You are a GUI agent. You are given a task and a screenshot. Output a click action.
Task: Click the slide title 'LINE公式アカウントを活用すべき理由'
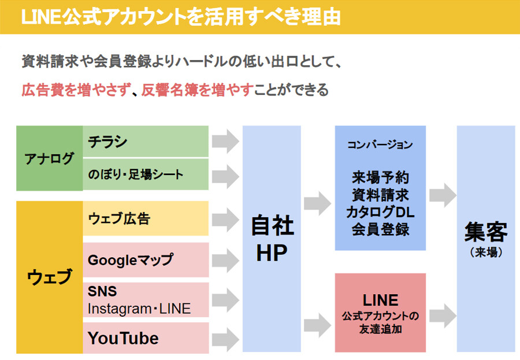click(x=180, y=17)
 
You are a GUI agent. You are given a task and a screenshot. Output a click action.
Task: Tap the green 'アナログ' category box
click(x=50, y=158)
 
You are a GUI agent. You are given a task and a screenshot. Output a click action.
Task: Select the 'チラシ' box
click(x=146, y=141)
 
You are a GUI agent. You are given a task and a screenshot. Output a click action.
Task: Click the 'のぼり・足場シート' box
click(x=146, y=175)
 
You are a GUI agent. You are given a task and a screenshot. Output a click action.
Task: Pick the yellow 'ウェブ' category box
click(x=50, y=277)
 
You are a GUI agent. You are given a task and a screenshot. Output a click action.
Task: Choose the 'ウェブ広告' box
click(x=146, y=218)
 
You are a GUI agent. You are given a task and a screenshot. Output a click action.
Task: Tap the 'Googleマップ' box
click(x=146, y=260)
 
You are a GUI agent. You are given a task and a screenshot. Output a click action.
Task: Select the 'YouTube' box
click(x=146, y=338)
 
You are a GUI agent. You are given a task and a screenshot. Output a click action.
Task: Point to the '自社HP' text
click(x=272, y=239)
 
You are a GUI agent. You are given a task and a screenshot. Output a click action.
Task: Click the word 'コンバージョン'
click(x=380, y=145)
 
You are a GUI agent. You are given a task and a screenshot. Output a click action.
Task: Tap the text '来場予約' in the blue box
click(x=380, y=177)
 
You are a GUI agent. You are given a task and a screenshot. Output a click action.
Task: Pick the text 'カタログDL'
click(x=380, y=212)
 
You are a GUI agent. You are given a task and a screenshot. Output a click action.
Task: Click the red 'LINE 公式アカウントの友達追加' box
click(x=380, y=313)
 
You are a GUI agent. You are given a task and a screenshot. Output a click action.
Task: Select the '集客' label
click(x=485, y=233)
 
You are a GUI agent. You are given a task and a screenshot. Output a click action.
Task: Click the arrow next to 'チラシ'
click(x=225, y=142)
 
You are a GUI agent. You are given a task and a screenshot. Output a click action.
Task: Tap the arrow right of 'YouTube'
click(x=225, y=339)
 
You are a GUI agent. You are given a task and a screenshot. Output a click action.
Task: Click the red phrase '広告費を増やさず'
click(x=72, y=90)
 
